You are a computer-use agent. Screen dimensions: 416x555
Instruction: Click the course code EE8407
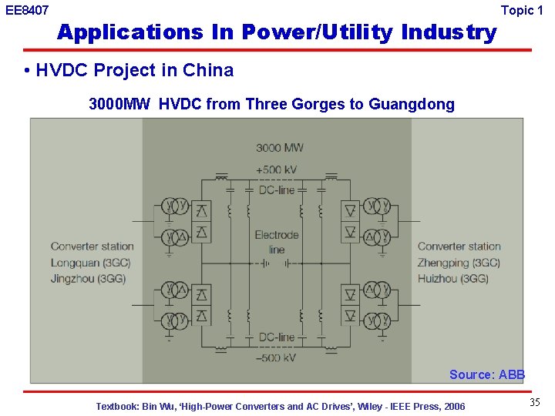(27, 11)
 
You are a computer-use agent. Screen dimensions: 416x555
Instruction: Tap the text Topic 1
(527, 10)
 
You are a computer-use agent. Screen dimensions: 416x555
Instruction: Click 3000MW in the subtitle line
(119, 104)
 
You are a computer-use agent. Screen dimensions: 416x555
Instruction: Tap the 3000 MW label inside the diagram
(280, 147)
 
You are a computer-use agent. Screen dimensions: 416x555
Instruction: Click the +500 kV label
(277, 169)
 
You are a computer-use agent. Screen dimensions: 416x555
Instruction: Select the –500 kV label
(277, 357)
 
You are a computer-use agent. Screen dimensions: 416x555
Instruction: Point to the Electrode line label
(277, 242)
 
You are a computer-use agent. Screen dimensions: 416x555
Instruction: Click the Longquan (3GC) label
(90, 263)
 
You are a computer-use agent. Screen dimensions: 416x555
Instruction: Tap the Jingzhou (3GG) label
(88, 278)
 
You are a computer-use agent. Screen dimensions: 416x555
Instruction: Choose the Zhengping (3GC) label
(459, 263)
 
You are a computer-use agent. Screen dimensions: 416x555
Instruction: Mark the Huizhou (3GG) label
(453, 278)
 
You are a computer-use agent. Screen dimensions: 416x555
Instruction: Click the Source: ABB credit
(487, 374)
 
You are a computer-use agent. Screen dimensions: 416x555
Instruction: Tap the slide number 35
(535, 403)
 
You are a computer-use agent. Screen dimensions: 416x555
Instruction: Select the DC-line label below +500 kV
(277, 190)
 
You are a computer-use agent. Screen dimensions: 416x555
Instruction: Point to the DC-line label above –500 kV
(277, 337)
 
